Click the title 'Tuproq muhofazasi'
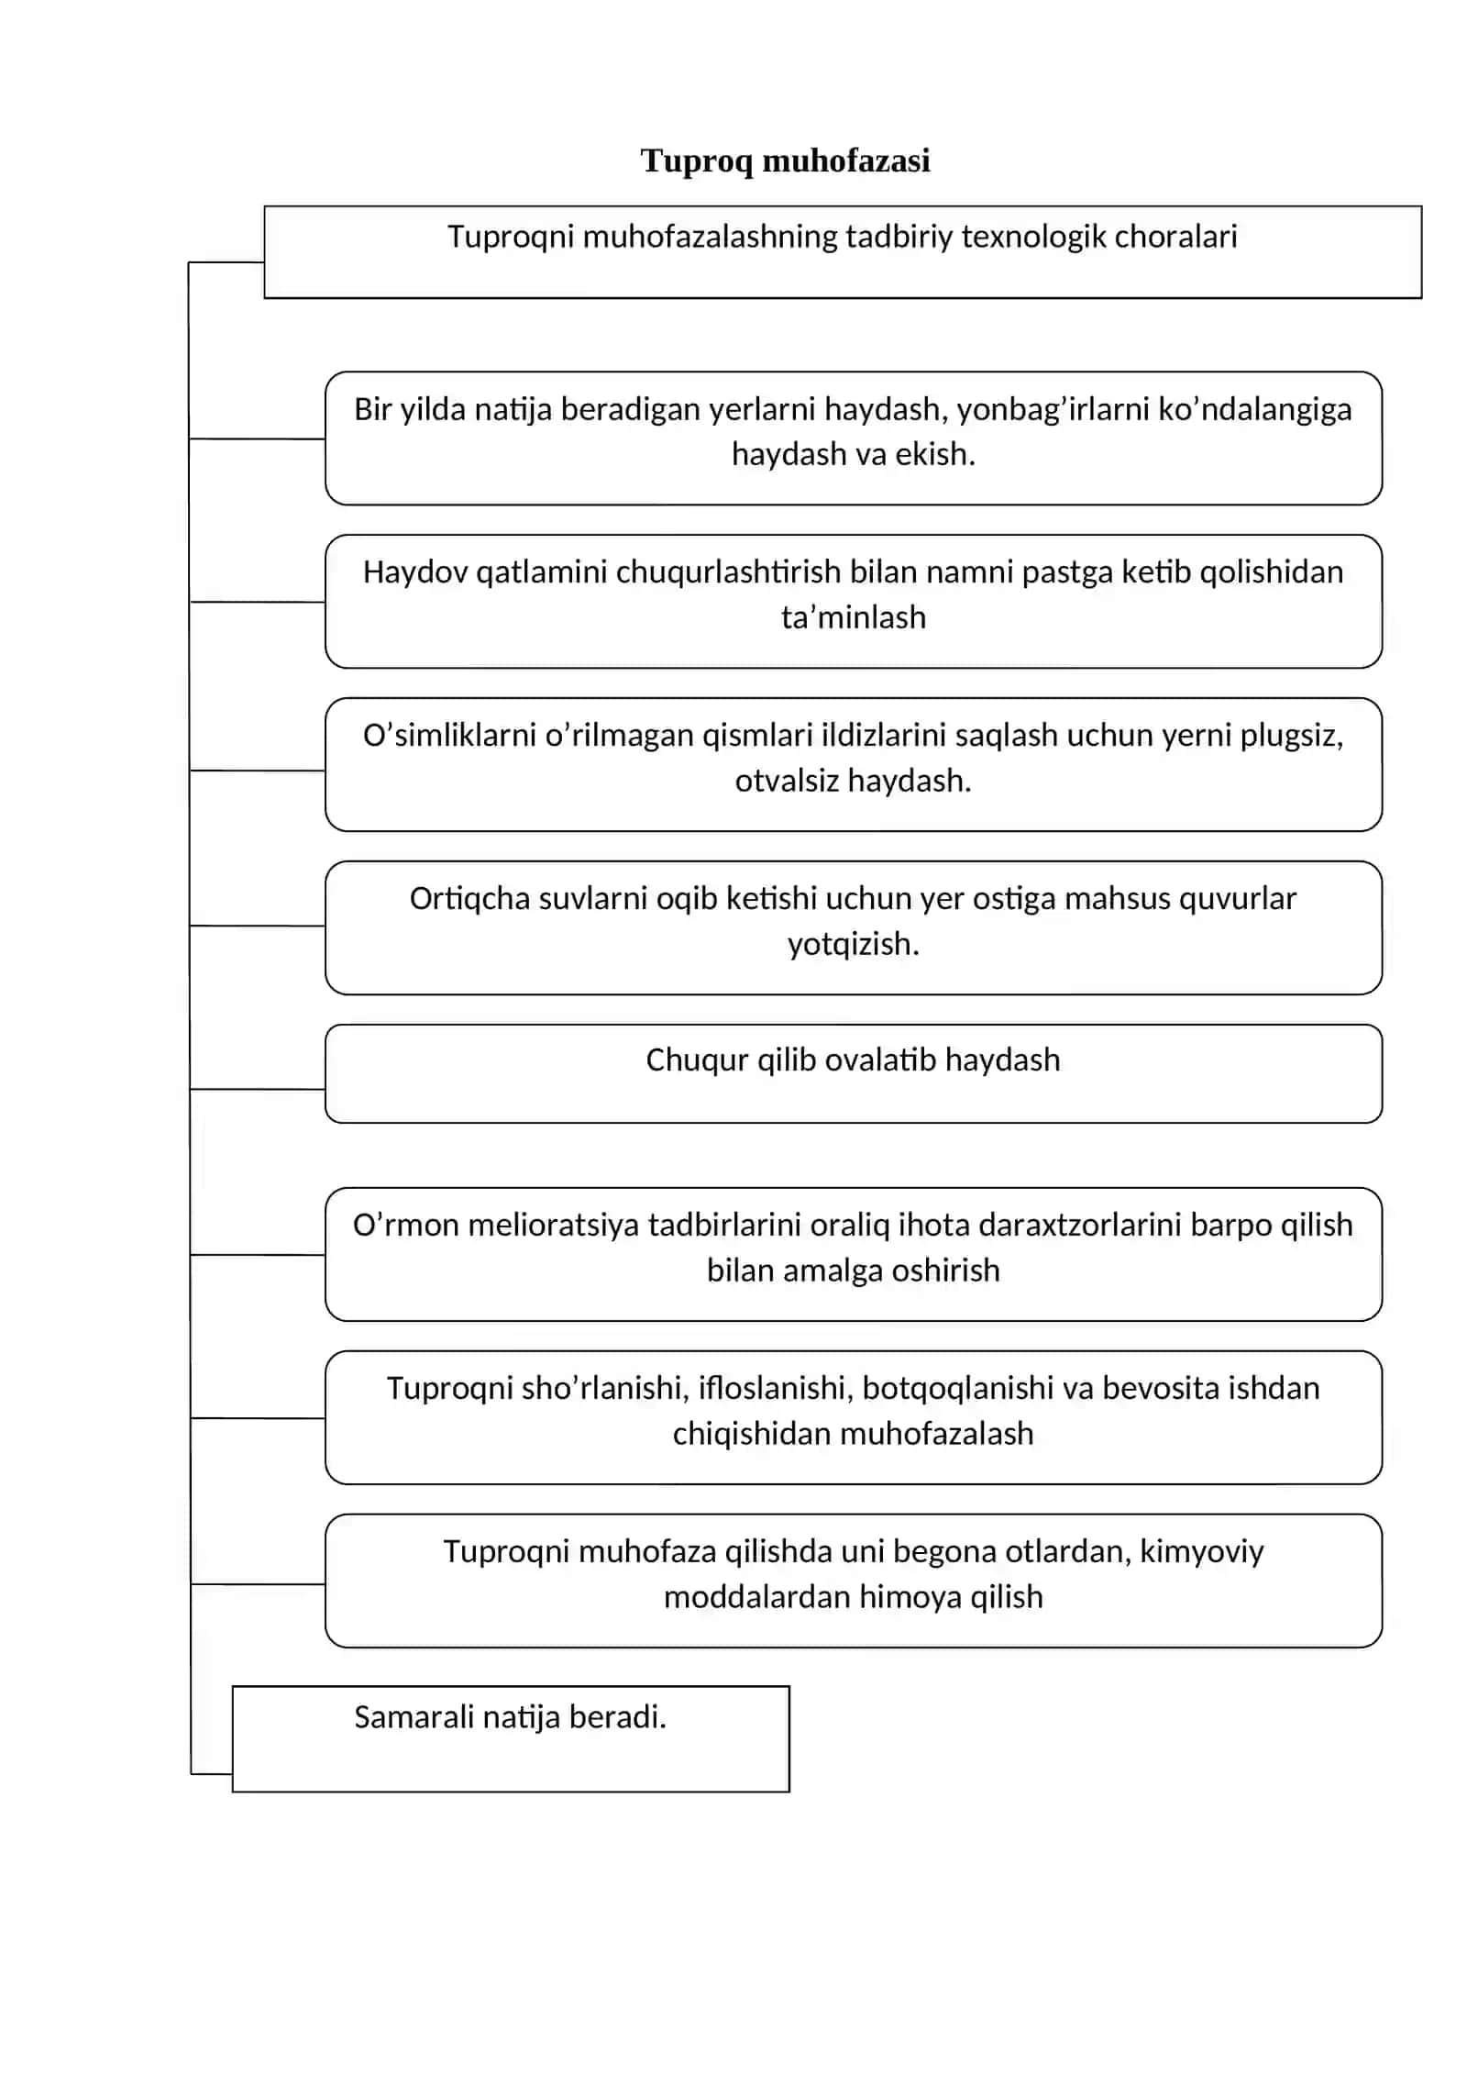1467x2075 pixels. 785,161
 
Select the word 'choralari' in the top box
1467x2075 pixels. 1176,237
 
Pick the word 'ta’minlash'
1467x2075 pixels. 854,617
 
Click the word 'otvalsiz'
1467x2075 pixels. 787,781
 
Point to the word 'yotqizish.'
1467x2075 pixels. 854,944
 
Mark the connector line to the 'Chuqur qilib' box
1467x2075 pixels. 258,1089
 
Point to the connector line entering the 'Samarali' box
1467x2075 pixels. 212,1774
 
